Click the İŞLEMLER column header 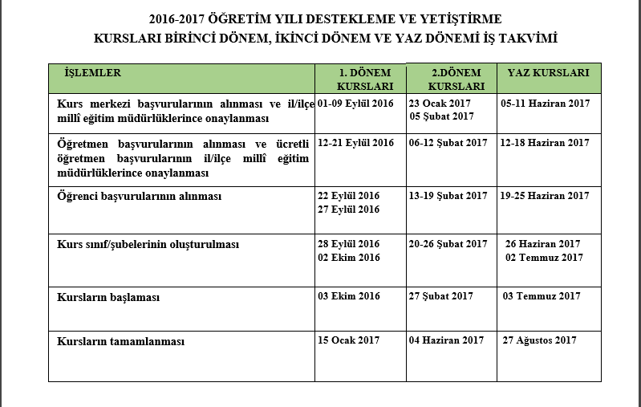pos(93,73)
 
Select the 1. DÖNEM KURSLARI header pos(364,79)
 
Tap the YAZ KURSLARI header pos(549,73)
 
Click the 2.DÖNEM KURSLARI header pos(456,79)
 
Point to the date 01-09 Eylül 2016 pos(356,104)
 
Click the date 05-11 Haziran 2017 pos(545,104)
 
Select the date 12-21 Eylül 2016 pos(356,143)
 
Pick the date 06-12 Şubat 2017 pos(448,143)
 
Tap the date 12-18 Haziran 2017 pos(545,143)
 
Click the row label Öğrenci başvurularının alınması pos(139,196)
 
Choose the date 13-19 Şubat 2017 pos(448,196)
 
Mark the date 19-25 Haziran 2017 pos(545,196)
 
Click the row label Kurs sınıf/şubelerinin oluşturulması pos(148,244)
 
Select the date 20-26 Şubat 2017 pos(448,244)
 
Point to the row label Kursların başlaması pos(108,297)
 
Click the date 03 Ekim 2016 pos(349,296)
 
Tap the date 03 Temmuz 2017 pos(542,296)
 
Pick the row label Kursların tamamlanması pos(121,341)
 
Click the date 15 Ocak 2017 pos(349,340)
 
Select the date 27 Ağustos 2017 pos(540,340)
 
